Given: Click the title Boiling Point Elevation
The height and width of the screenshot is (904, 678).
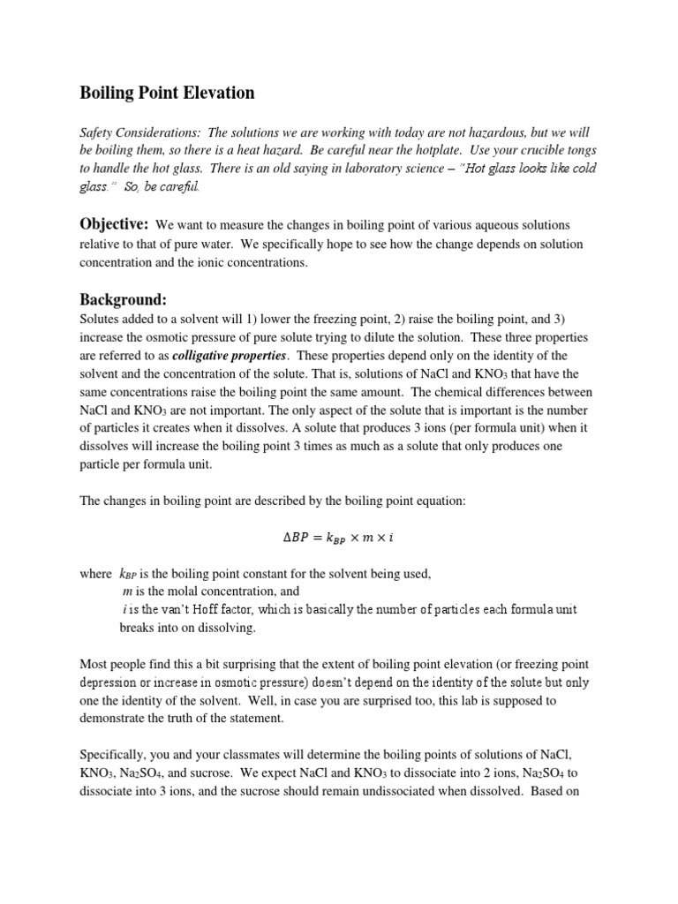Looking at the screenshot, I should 168,93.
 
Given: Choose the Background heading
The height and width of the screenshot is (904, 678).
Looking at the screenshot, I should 123,300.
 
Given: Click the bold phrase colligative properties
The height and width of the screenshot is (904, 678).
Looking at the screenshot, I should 229,355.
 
